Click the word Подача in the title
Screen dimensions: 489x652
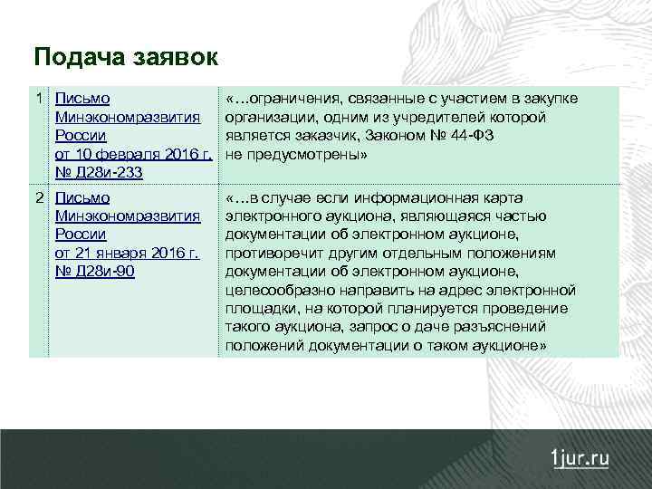pyautogui.click(x=76, y=58)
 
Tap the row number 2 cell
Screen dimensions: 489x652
pyautogui.click(x=38, y=197)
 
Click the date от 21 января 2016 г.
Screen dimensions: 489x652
pyautogui.click(x=127, y=253)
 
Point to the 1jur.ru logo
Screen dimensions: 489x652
pyautogui.click(x=580, y=457)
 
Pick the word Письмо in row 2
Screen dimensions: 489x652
pyautogui.click(x=82, y=197)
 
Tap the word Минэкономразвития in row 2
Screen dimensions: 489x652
pyautogui.click(x=128, y=216)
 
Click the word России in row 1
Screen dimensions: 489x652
pyautogui.click(x=81, y=136)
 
